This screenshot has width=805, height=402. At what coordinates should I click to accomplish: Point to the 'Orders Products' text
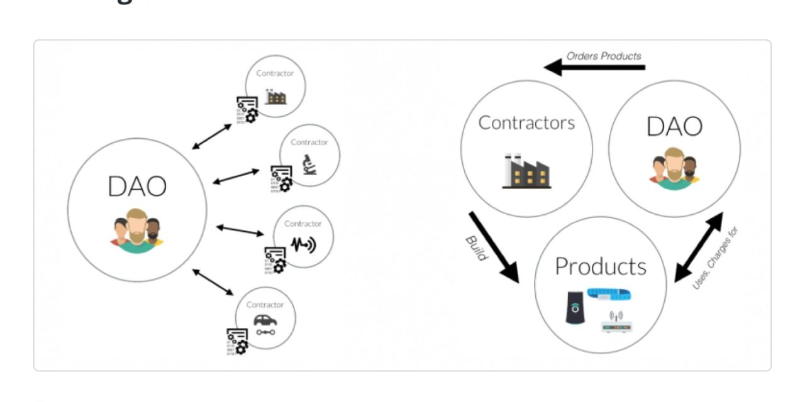point(604,56)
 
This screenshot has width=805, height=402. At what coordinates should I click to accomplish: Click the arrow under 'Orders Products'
point(594,67)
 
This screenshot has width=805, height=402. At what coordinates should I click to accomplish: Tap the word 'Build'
point(475,248)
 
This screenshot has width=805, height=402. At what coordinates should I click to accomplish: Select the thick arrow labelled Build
point(494,247)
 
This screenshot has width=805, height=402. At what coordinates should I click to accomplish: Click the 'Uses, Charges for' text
point(715,258)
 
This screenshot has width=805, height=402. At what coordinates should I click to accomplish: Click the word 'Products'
point(600,266)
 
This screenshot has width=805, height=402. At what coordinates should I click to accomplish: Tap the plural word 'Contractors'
point(526,122)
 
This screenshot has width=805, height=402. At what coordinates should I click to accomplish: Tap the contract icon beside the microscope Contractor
point(281,178)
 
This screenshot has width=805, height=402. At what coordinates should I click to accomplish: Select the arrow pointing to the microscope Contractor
point(236,176)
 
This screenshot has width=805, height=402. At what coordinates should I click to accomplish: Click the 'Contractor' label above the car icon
point(265,305)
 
